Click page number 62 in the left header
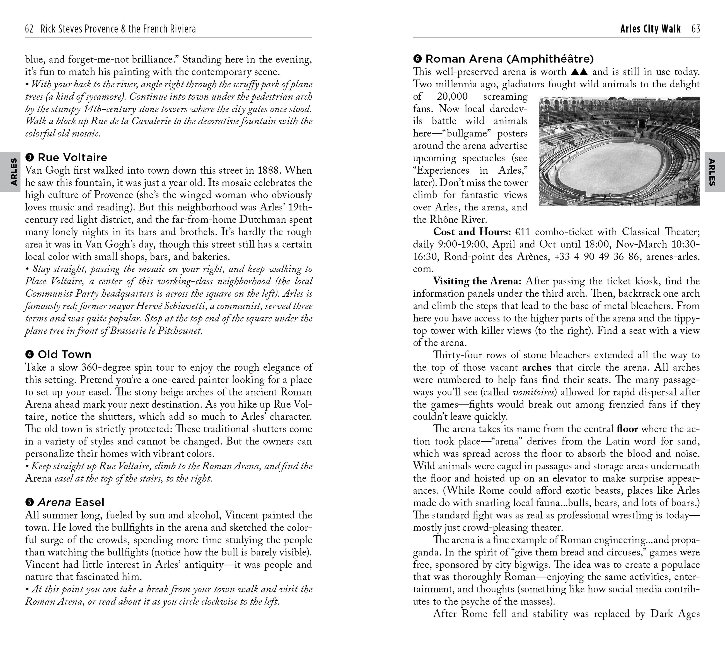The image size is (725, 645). click(x=29, y=29)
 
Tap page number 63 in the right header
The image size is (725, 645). click(x=695, y=29)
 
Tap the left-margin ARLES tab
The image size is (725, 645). click(x=13, y=172)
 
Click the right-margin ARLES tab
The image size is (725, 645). click(x=712, y=172)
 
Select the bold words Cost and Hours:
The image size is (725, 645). click(x=472, y=232)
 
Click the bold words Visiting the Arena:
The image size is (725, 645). click(x=477, y=281)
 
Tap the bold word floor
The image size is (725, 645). click(x=627, y=429)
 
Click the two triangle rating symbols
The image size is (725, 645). click(x=579, y=72)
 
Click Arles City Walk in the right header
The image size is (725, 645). click(x=650, y=29)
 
